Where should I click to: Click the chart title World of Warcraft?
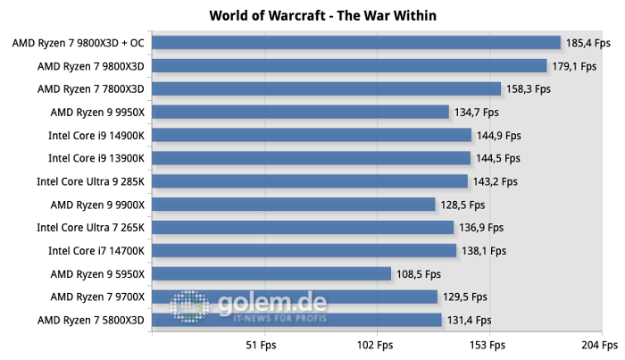pos(312,15)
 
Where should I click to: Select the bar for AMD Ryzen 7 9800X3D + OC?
pos(356,42)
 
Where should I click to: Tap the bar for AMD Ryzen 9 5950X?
pos(271,273)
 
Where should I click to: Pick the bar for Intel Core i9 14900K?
pos(312,135)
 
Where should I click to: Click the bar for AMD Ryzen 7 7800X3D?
pos(327,88)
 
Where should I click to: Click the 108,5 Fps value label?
pos(419,273)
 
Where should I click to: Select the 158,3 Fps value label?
pos(529,88)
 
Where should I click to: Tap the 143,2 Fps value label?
pos(496,181)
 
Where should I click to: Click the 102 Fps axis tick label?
pos(374,345)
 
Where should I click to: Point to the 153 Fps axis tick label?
pos(487,345)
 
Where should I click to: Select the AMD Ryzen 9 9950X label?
pos(97,112)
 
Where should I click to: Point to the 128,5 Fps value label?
pos(462,205)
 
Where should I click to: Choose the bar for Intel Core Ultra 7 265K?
pos(303,228)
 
